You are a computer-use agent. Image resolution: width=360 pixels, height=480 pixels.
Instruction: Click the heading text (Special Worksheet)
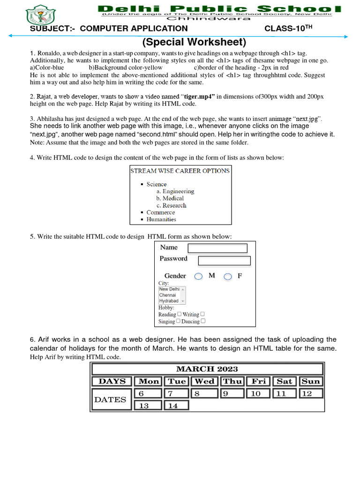pyautogui.click(x=194, y=42)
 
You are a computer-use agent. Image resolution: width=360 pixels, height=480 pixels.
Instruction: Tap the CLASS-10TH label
pyautogui.click(x=287, y=29)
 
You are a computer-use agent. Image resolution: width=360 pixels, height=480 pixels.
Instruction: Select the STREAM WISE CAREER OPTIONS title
pyautogui.click(x=180, y=171)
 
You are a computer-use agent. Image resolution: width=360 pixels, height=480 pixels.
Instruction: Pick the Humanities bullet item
pyautogui.click(x=161, y=219)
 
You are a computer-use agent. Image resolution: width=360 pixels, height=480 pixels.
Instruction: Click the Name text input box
pyautogui.click(x=217, y=248)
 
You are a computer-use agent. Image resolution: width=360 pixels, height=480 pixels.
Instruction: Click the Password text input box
pyautogui.click(x=224, y=260)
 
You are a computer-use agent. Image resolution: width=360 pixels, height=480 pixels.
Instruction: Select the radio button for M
pyautogui.click(x=199, y=277)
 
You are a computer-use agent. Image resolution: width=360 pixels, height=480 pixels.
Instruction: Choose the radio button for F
pyautogui.click(x=228, y=277)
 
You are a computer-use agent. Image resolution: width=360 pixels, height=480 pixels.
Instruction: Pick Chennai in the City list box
pyautogui.click(x=168, y=295)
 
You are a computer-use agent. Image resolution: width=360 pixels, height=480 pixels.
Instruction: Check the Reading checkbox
pyautogui.click(x=179, y=315)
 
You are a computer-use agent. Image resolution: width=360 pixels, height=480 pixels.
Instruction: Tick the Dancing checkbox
pyautogui.click(x=203, y=321)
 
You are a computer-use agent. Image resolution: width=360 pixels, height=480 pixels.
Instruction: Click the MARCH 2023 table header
pyautogui.click(x=207, y=369)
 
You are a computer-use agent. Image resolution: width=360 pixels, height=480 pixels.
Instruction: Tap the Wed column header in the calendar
pyautogui.click(x=204, y=381)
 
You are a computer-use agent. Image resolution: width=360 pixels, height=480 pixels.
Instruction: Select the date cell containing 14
pyautogui.click(x=176, y=405)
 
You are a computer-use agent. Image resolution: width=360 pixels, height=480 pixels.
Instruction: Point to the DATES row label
pyautogui.click(x=111, y=399)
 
